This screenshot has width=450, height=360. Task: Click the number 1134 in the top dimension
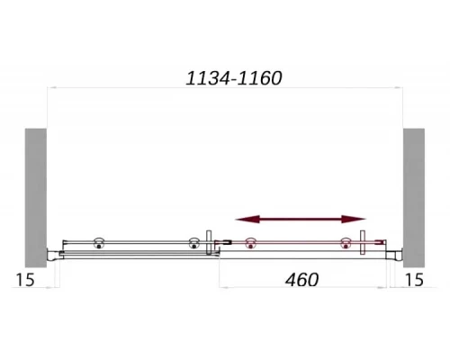click(208, 78)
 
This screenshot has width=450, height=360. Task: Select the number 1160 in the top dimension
click(259, 78)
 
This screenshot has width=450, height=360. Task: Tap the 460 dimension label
click(301, 280)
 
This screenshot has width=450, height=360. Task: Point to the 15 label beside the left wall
click(25, 280)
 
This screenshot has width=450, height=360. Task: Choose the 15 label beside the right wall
click(414, 280)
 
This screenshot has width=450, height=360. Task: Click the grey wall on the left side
click(36, 198)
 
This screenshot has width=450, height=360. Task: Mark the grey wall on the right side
click(414, 198)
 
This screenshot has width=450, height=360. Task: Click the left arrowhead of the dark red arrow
click(247, 220)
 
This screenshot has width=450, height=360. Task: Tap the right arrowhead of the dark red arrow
click(354, 220)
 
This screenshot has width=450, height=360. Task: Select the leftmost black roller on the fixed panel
click(99, 243)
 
